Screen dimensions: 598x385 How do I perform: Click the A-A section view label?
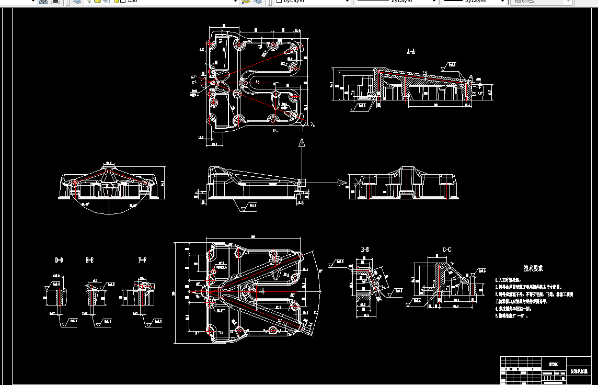[x=411, y=51]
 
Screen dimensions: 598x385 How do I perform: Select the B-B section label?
[x=365, y=250]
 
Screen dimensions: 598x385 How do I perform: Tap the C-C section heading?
[x=446, y=250]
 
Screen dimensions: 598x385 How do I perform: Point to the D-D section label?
[x=59, y=260]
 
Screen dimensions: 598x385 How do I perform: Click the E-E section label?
[x=90, y=260]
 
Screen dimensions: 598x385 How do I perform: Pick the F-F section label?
[x=142, y=260]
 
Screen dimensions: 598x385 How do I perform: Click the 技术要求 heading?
[x=533, y=268]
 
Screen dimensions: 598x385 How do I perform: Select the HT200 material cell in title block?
[x=554, y=364]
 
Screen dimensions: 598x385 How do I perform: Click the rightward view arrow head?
[x=342, y=183]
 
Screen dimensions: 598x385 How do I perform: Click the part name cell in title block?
[x=579, y=371]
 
